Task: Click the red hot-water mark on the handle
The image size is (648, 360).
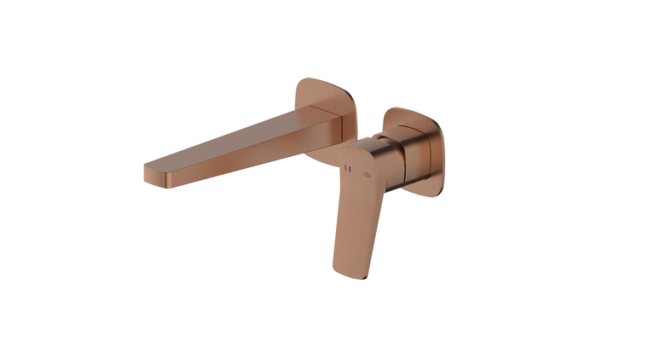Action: [345, 169]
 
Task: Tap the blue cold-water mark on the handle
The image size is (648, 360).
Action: [350, 169]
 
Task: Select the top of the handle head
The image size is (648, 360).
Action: [367, 142]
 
